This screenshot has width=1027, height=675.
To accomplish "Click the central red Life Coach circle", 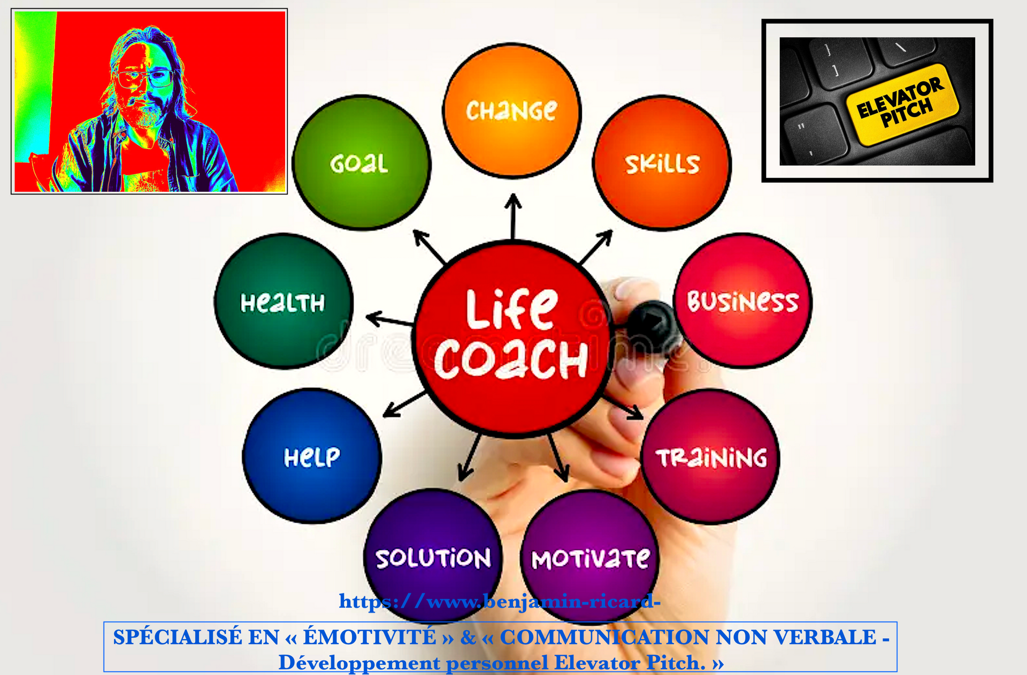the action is coord(512,338).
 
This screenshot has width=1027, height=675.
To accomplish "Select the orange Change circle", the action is coord(512,110).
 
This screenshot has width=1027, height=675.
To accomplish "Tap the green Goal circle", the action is coord(362,162).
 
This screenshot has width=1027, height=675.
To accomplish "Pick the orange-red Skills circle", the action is coord(662,162).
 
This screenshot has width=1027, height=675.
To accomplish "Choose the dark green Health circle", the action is coord(283,301).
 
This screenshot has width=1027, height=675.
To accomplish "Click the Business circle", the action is coord(742,301).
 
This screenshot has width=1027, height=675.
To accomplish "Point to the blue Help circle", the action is coord(312,456).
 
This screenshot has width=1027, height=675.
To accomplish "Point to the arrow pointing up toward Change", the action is coord(513,216).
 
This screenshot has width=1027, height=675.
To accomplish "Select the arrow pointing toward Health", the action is coord(389,320).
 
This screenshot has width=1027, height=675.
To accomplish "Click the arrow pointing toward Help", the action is coord(405,404).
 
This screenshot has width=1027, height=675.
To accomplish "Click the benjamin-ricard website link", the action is coord(500,602).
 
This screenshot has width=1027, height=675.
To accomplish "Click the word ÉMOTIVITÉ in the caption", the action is coord(370,637).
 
